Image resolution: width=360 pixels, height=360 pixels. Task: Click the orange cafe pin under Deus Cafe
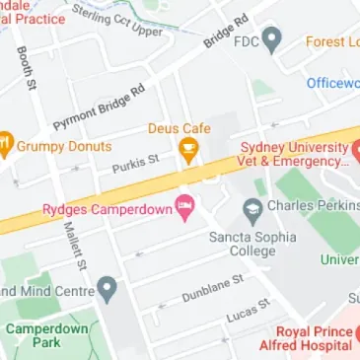pos(187,150)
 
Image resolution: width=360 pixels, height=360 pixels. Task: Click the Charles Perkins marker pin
pos(252,208)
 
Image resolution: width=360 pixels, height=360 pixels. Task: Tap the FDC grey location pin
pos(274,41)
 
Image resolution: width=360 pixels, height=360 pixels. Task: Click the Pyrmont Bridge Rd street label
pos(99,108)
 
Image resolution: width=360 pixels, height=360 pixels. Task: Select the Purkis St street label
pos(135,162)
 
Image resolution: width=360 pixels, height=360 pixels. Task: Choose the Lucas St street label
pos(250,309)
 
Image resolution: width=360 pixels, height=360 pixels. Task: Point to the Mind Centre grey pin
pos(108,291)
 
